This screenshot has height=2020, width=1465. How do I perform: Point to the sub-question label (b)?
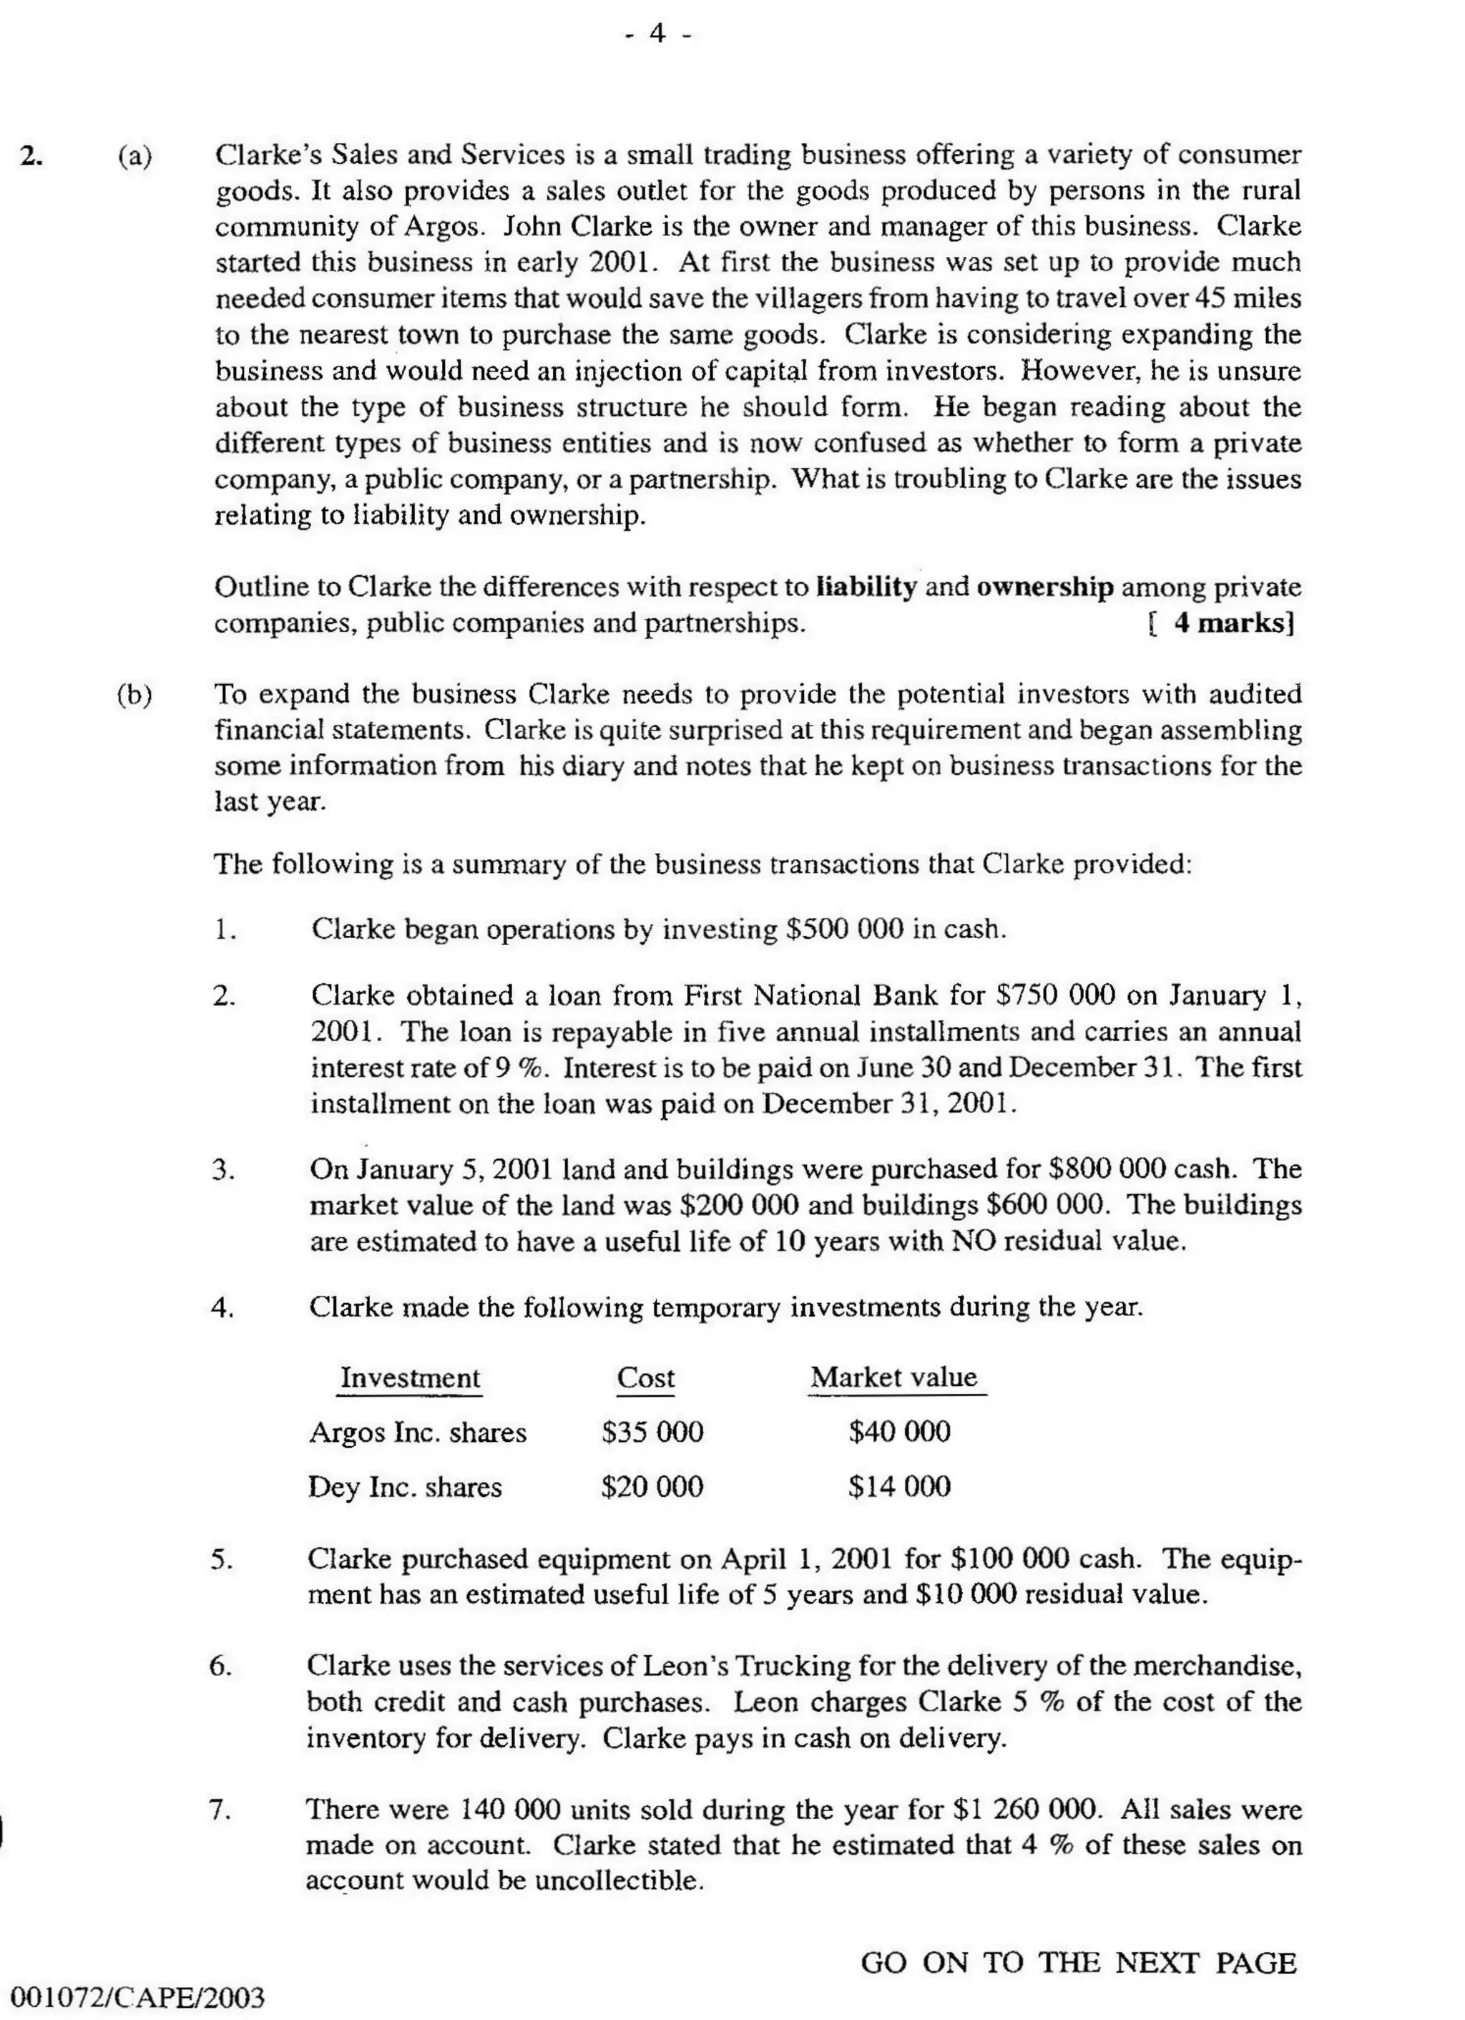[134, 694]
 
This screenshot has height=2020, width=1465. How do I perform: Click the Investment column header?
[410, 1378]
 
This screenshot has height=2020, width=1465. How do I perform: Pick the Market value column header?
[893, 1377]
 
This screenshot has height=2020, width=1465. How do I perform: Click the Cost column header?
[646, 1378]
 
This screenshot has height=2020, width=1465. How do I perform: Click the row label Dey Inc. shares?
[404, 1488]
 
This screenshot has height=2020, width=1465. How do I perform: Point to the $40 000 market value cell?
[898, 1432]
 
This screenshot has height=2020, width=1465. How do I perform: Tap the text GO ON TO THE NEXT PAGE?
[1077, 1963]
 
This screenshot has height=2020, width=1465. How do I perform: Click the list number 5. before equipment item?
[222, 1559]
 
